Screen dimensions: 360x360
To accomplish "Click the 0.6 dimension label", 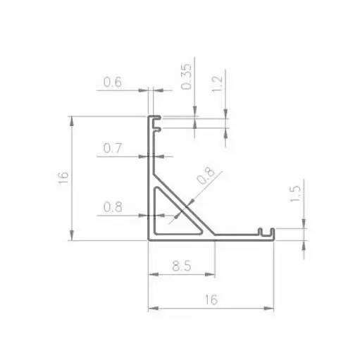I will tap(113, 82).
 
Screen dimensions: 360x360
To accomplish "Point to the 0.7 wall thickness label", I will tap(113, 149).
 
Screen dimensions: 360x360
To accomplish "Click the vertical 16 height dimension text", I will tap(63, 177).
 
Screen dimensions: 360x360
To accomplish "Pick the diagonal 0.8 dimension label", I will tap(205, 176).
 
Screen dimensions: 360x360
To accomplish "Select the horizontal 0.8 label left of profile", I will tap(113, 207).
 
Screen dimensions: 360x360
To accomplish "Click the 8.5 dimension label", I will tap(181, 266).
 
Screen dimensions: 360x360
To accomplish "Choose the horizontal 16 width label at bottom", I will tap(210, 299).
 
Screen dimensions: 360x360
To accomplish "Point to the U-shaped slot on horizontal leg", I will tap(266, 232).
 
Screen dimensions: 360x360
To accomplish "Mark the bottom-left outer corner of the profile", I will tap(149, 240).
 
